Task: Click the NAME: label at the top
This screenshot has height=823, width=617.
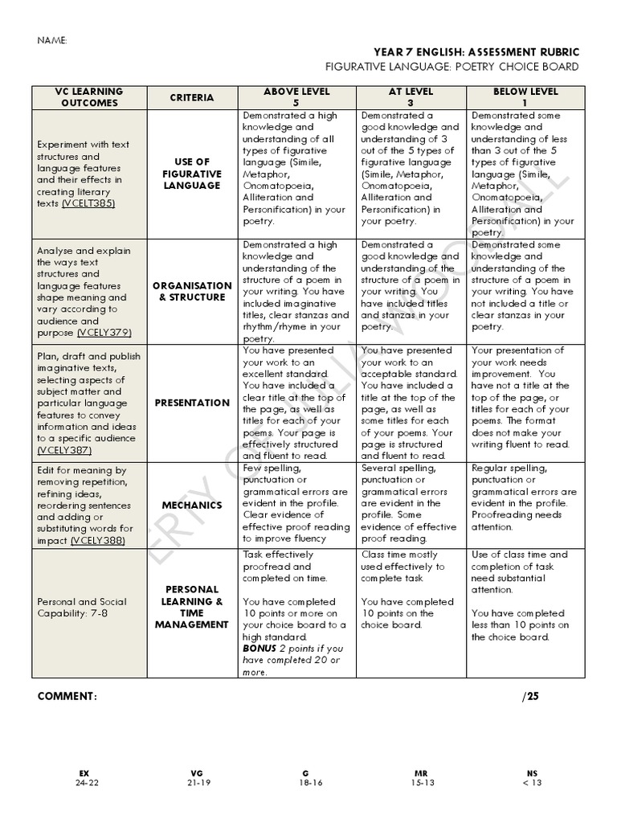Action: pyautogui.click(x=52, y=41)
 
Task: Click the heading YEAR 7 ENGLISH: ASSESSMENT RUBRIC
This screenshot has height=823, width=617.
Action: pyautogui.click(x=476, y=52)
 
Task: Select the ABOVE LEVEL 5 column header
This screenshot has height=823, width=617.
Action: pyautogui.click(x=296, y=97)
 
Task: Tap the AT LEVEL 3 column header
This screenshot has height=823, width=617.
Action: pyautogui.click(x=411, y=97)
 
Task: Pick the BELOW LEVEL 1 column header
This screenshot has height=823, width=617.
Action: pyautogui.click(x=525, y=97)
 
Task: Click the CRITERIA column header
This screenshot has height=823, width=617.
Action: pyautogui.click(x=192, y=98)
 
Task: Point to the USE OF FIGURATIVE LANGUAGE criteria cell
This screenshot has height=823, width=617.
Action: pyautogui.click(x=192, y=174)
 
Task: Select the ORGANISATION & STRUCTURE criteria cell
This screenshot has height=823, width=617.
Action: pyautogui.click(x=192, y=291)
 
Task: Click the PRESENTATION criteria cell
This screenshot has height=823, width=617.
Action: pyautogui.click(x=192, y=403)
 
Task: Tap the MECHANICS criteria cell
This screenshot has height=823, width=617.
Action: pyautogui.click(x=192, y=506)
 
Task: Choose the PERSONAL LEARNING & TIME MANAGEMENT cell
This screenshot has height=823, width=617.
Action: pyautogui.click(x=192, y=607)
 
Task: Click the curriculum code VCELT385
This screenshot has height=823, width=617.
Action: pyautogui.click(x=88, y=203)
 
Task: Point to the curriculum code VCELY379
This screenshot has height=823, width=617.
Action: pyautogui.click(x=104, y=333)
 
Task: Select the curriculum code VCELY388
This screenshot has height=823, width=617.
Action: pyautogui.click(x=101, y=541)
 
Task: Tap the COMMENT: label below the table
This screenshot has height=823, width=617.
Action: pyautogui.click(x=67, y=697)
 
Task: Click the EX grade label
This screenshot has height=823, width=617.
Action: pyautogui.click(x=84, y=773)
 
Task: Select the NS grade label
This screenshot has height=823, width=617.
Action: pyautogui.click(x=531, y=773)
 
